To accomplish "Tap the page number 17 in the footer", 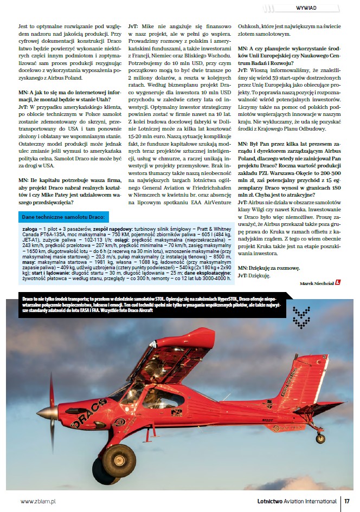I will [x=347, y=502].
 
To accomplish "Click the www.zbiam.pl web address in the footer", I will [x=38, y=502].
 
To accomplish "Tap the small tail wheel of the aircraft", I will [x=320, y=437].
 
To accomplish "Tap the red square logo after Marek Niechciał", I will [x=338, y=283].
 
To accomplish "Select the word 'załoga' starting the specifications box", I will [x=30, y=230].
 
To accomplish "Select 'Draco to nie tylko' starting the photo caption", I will [x=39, y=299].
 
